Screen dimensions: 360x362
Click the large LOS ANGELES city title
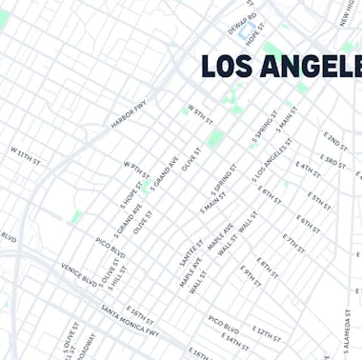coord(282,67)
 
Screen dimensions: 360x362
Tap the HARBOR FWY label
coord(129,116)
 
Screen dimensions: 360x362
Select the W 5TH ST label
coord(198,112)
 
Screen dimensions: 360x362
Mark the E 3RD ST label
coord(334,164)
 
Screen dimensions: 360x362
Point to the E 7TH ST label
coord(293,242)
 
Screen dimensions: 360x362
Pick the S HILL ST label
coord(117,277)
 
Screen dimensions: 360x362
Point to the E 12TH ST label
coord(265,331)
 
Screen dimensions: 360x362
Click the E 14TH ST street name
coord(231,338)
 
